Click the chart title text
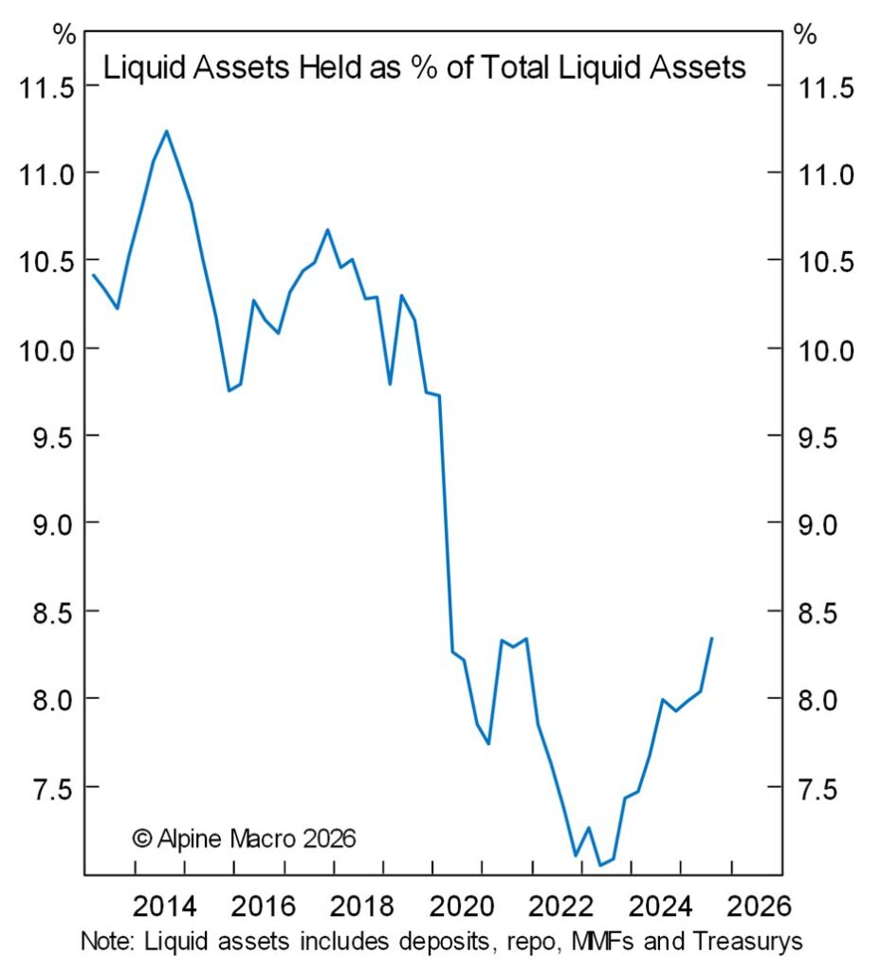pyautogui.click(x=424, y=68)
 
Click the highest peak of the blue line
pyautogui.click(x=167, y=131)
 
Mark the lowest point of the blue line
pyautogui.click(x=599, y=865)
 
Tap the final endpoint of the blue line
pyautogui.click(x=711, y=638)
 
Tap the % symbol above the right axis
pyautogui.click(x=804, y=35)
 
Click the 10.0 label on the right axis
pyautogui.click(x=830, y=350)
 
